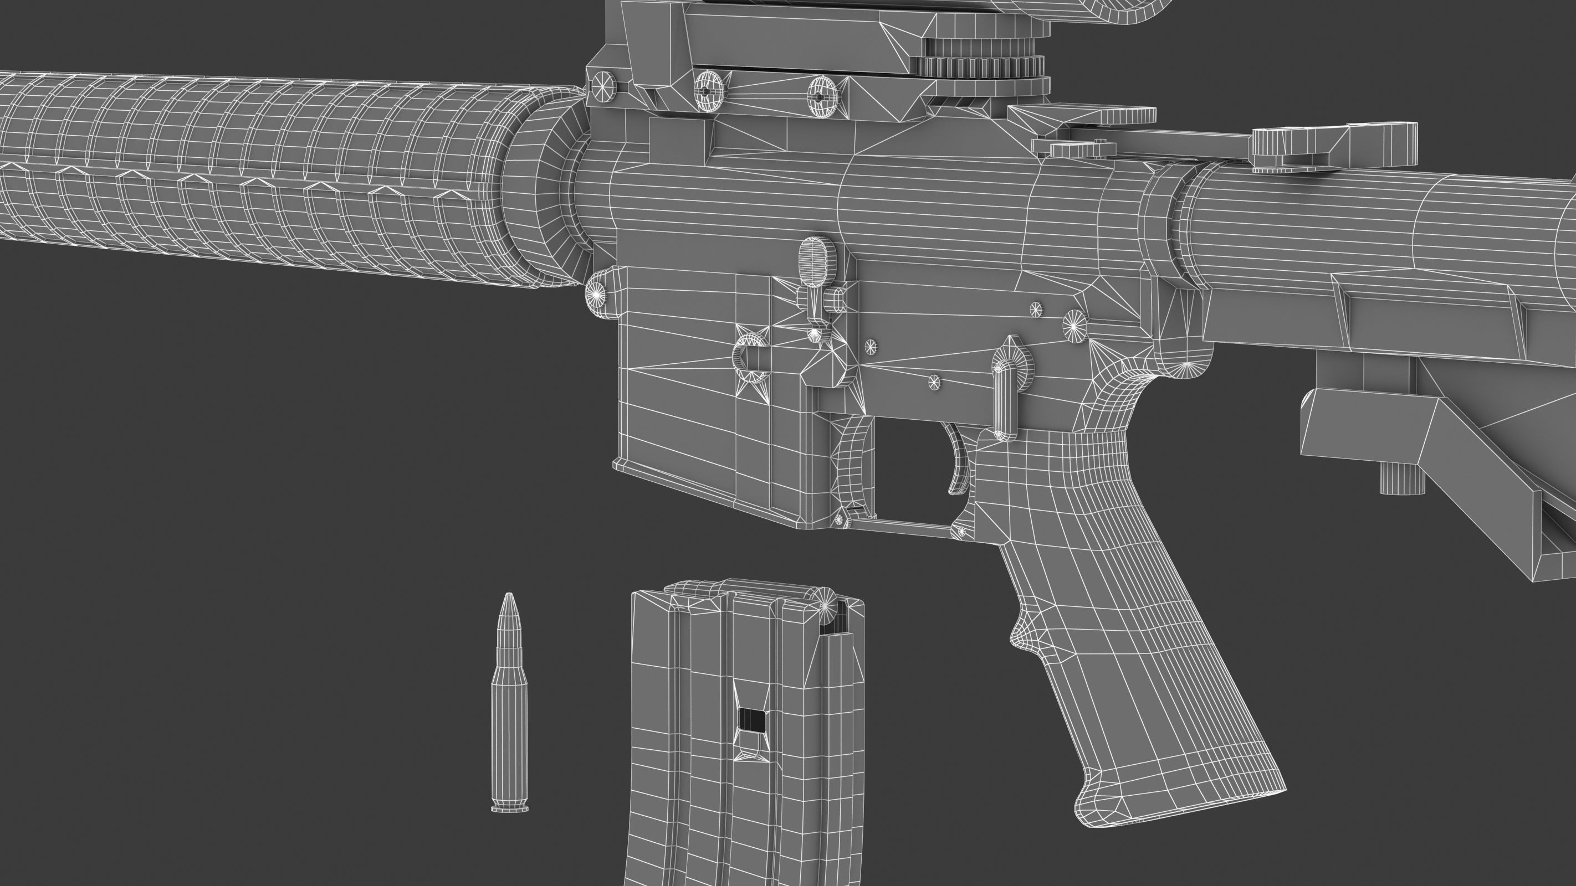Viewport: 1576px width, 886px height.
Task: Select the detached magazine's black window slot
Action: click(x=752, y=720)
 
